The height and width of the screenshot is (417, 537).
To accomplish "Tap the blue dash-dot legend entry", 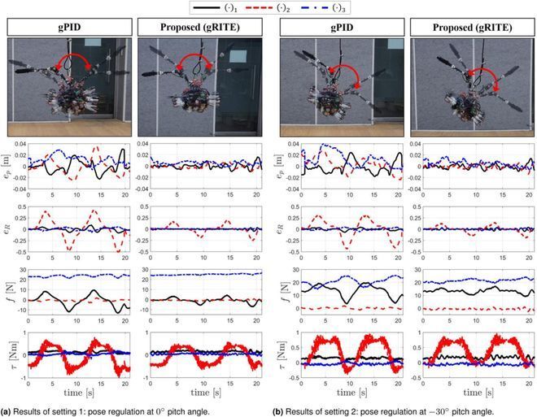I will [320, 7].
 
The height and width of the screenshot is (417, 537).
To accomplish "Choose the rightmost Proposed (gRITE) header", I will [468, 28].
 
